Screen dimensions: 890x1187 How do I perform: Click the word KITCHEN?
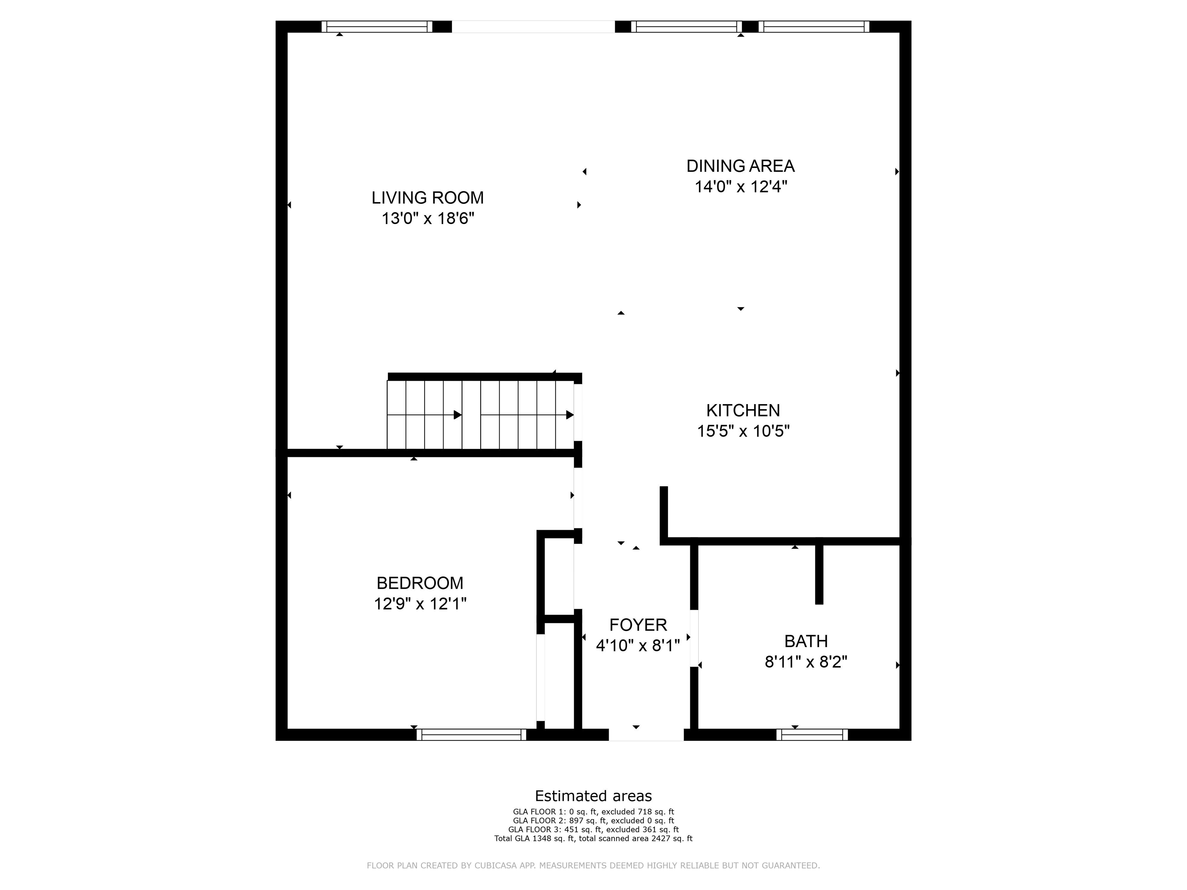pyautogui.click(x=743, y=410)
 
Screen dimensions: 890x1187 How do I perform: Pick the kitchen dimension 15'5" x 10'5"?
pyautogui.click(x=743, y=431)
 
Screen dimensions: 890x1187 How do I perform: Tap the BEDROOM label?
pyautogui.click(x=420, y=583)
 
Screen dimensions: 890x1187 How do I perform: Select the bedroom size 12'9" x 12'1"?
pyautogui.click(x=420, y=604)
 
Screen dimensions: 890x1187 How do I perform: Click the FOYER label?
pyautogui.click(x=638, y=625)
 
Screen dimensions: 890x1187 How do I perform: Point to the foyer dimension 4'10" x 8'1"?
pyautogui.click(x=638, y=645)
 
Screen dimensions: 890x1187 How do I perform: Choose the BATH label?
pyautogui.click(x=806, y=641)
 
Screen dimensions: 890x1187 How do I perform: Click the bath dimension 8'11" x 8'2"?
pyautogui.click(x=806, y=662)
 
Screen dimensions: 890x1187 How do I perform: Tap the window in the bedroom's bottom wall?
pyautogui.click(x=471, y=734)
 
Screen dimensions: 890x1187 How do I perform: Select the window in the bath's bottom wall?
pyautogui.click(x=811, y=734)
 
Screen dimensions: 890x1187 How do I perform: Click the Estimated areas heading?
pyautogui.click(x=593, y=796)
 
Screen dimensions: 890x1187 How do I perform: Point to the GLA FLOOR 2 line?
pyautogui.click(x=593, y=821)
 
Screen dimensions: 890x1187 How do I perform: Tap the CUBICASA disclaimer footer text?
pyautogui.click(x=593, y=865)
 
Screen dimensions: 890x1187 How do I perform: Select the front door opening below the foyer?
pyautogui.click(x=646, y=734)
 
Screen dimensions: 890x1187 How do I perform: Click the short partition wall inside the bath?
pyautogui.click(x=819, y=574)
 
